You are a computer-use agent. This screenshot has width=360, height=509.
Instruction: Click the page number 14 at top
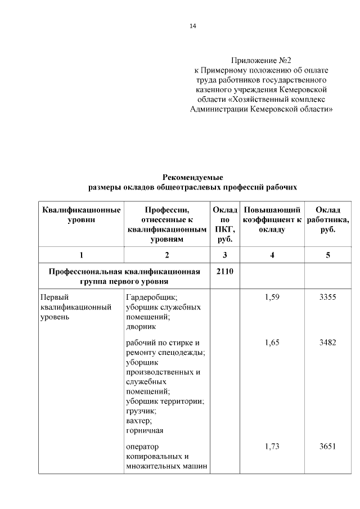point(193,26)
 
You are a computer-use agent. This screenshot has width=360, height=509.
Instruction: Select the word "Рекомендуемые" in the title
point(193,177)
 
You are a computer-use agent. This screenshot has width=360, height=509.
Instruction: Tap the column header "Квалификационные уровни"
point(81,215)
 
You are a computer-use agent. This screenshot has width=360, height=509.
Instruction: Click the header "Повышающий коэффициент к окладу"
point(272,219)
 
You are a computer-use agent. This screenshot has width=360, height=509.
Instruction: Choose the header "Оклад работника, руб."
point(328,219)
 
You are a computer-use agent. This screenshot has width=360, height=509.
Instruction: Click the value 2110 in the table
point(225,271)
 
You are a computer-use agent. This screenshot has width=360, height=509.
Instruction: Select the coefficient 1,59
point(272,297)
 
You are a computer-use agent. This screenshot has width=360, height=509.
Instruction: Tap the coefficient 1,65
point(272,342)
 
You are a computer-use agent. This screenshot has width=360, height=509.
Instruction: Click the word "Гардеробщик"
point(151,297)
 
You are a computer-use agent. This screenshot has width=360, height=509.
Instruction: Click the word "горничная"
point(145,430)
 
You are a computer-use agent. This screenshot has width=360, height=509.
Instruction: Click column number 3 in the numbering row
point(225,255)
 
